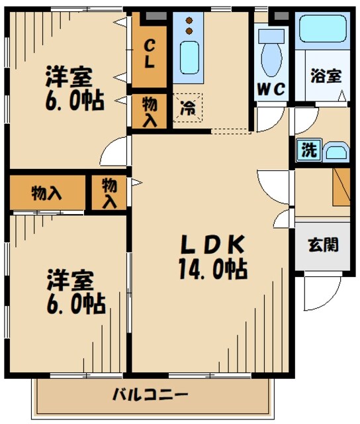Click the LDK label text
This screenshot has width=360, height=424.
[213, 244]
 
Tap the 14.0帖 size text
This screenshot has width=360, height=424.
[213, 269]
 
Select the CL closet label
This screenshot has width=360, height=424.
[150, 54]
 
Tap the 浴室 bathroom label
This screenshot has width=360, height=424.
[326, 75]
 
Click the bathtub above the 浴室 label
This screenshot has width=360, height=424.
[323, 28]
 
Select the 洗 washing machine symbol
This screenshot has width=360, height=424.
[308, 150]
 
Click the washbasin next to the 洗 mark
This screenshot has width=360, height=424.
[336, 152]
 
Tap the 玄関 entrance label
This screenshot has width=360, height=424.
[323, 245]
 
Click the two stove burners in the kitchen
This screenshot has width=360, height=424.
[190, 25]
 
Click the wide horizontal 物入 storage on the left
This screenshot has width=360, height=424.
[47, 193]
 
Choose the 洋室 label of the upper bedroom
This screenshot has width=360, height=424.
[68, 77]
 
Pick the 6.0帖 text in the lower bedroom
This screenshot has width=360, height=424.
[75, 304]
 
